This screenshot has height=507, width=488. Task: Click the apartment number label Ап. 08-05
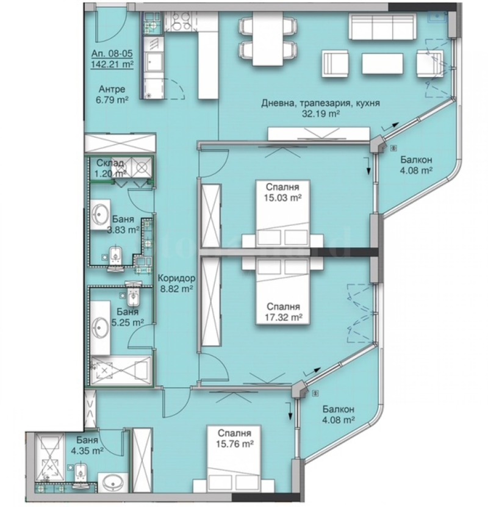[110, 53]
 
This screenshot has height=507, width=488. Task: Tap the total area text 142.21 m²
[112, 63]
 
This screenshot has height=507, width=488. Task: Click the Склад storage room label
[110, 164]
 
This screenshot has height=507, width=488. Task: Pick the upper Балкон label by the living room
[416, 160]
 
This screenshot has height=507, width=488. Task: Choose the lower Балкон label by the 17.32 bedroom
[339, 409]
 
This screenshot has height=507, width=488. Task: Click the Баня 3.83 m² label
[122, 224]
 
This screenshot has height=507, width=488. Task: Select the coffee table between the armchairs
[381, 64]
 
